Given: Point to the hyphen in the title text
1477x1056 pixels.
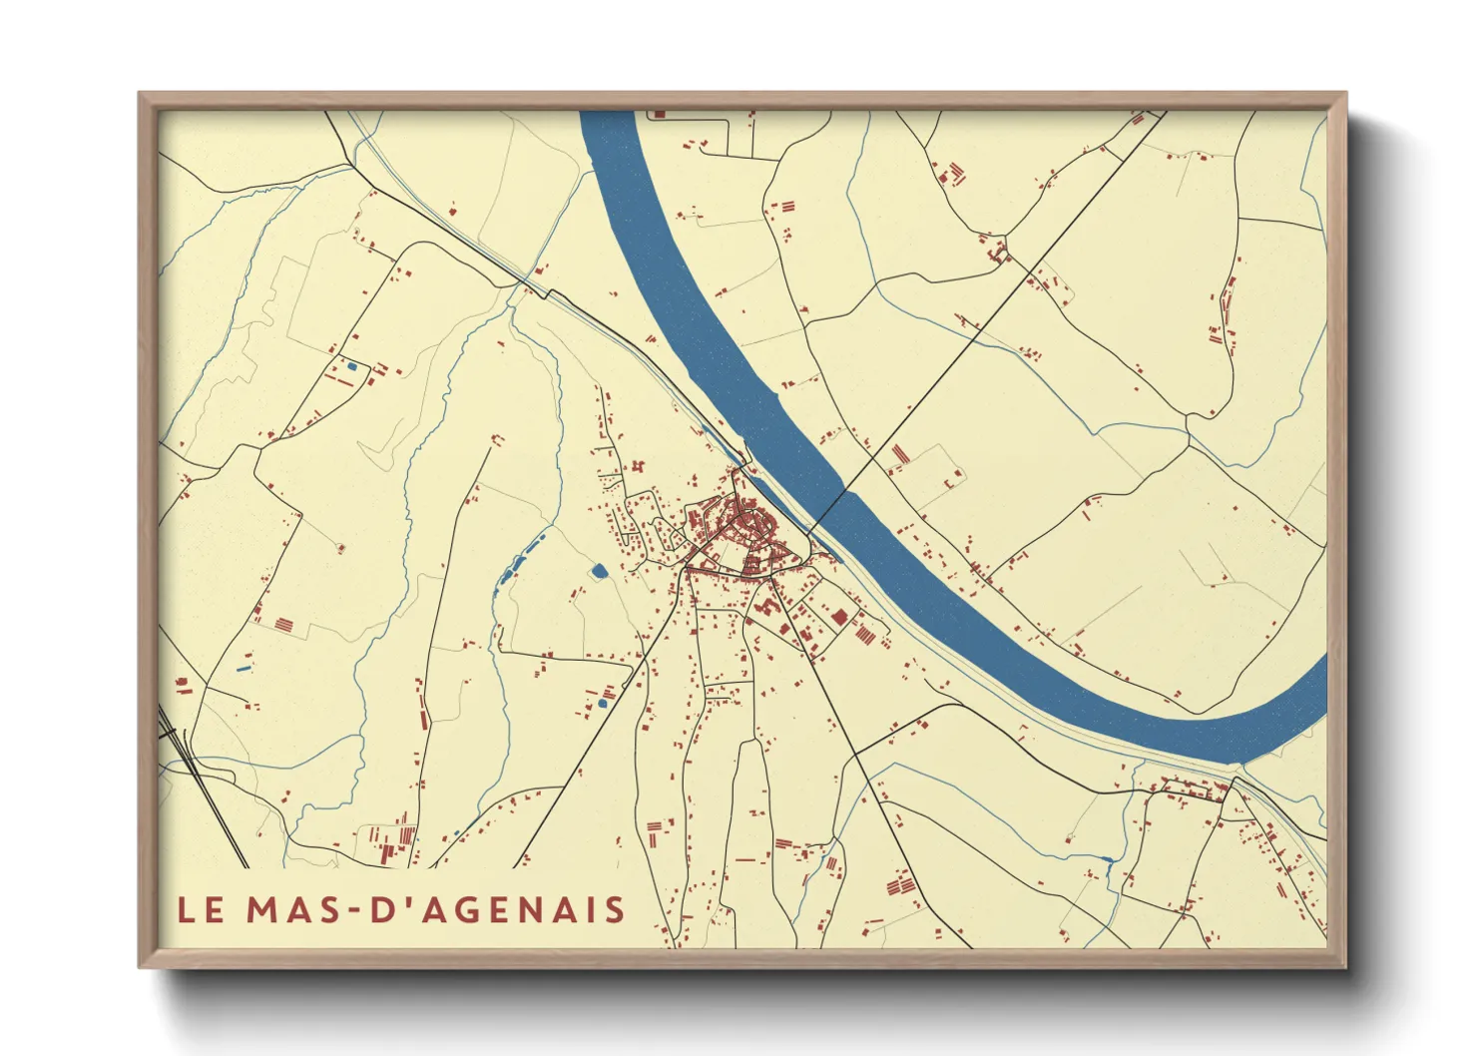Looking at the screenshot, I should coord(354,910).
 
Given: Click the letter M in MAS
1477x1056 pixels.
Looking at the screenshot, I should coord(262,909).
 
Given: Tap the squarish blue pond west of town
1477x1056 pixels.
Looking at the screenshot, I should coord(599,571).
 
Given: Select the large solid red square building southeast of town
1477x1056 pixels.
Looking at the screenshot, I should coord(839,616).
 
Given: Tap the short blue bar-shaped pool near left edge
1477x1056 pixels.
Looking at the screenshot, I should coord(245,666).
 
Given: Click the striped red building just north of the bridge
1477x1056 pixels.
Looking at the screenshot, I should coord(900,455).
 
